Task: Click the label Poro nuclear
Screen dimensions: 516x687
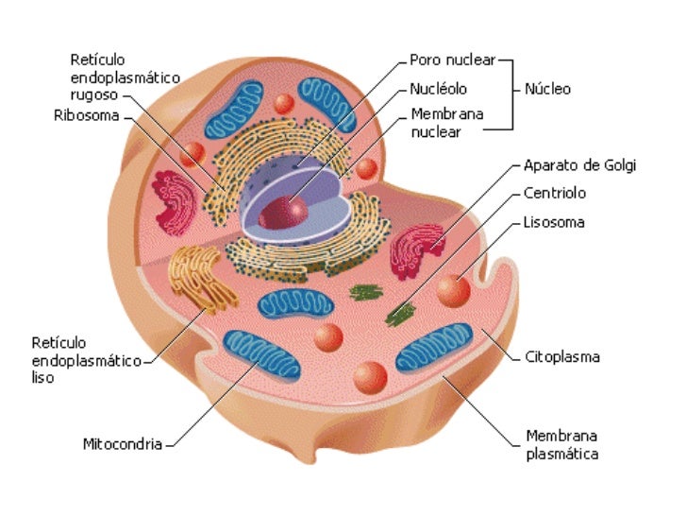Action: pyautogui.click(x=450, y=60)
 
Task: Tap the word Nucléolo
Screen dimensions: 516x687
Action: pyautogui.click(x=438, y=90)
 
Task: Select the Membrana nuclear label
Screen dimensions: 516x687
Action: pyautogui.click(x=446, y=123)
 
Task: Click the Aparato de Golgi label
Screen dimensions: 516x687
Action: pyautogui.click(x=579, y=165)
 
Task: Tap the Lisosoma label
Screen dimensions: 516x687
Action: pyautogui.click(x=553, y=223)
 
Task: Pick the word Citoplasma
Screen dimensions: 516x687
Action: pyautogui.click(x=562, y=357)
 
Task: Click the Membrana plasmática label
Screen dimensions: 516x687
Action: pyautogui.click(x=561, y=444)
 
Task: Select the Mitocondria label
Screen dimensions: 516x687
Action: pyautogui.click(x=123, y=442)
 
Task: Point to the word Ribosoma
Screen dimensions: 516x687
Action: pyautogui.click(x=86, y=117)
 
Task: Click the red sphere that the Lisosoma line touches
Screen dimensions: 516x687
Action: pyautogui.click(x=454, y=289)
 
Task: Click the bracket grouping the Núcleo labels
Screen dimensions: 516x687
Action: pyautogui.click(x=511, y=91)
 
